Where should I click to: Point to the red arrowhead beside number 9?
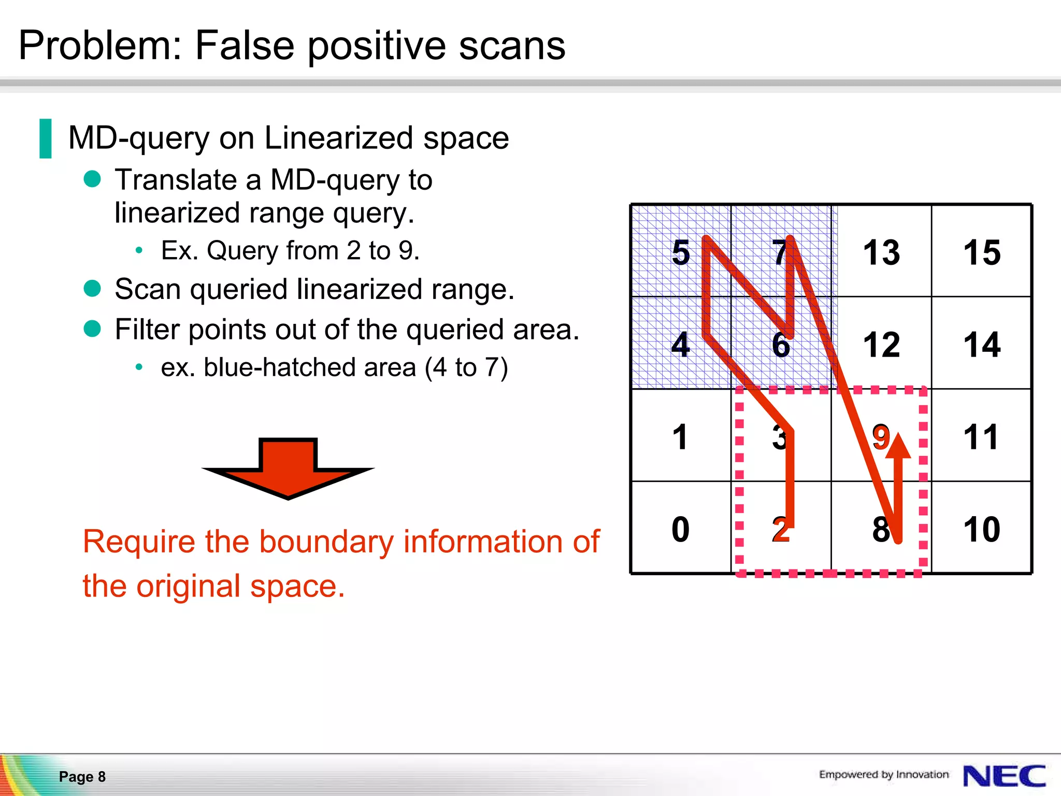coord(898,447)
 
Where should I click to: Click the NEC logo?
coord(1004,776)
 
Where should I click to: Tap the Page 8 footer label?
coord(82,776)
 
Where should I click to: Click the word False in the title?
coord(245,46)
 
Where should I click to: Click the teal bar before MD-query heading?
coord(46,138)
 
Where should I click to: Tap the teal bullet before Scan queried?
coord(92,288)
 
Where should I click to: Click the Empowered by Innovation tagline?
coord(884,774)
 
